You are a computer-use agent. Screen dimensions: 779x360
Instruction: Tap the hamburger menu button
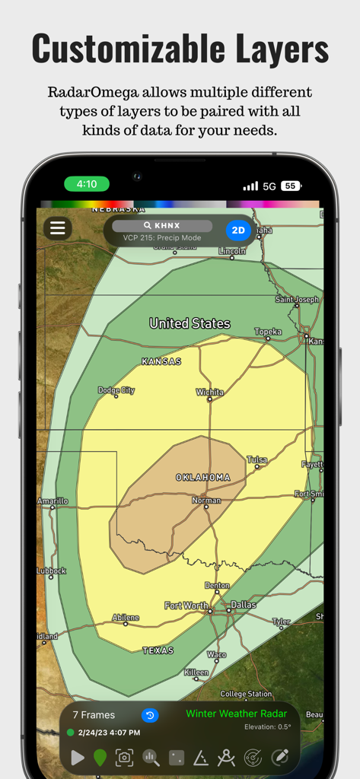coord(57,227)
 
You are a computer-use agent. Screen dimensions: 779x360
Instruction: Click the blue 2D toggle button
coord(238,230)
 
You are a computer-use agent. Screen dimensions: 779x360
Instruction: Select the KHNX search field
coord(162,226)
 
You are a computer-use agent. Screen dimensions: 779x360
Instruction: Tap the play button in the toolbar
coord(77,757)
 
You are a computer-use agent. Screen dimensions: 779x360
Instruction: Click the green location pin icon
coord(100,757)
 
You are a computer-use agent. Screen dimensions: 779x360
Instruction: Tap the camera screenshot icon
coord(124,757)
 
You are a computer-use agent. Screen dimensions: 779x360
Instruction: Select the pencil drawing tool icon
coord(280,757)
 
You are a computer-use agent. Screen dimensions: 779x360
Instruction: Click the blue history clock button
coord(150,715)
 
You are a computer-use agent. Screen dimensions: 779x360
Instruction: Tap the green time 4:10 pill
coord(87,184)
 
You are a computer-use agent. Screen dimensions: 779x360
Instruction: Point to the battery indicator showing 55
coord(290,186)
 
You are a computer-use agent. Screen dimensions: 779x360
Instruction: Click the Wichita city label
coord(209,393)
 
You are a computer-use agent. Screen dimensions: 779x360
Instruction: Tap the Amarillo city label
coord(53,501)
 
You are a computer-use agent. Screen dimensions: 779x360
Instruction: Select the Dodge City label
coord(116,390)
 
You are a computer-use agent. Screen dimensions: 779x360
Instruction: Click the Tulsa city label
coord(257,460)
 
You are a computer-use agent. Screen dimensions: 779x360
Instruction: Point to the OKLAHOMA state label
coord(203,478)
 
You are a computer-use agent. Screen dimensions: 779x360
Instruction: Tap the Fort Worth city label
coord(186,606)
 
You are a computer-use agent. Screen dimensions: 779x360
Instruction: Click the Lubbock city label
coord(51,571)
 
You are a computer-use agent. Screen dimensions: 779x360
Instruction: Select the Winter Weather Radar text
coord(237,714)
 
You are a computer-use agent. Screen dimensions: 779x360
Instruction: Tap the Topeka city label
coord(268,332)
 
